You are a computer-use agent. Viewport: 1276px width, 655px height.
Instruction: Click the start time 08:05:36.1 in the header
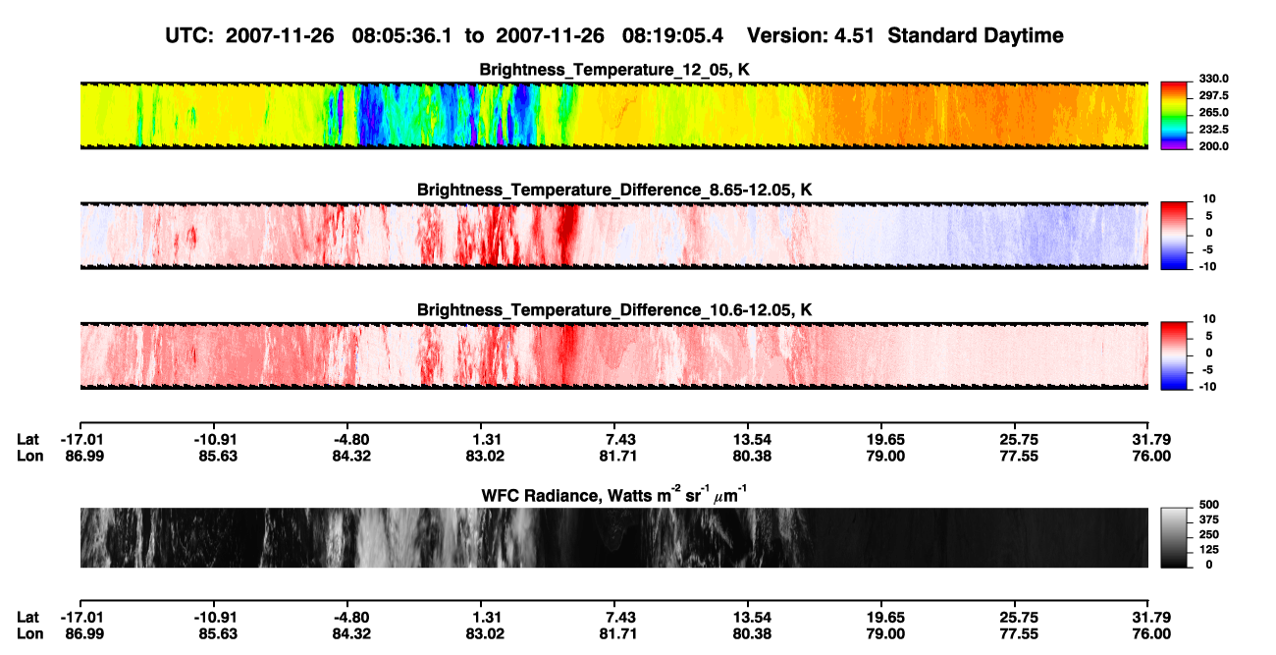tap(401, 36)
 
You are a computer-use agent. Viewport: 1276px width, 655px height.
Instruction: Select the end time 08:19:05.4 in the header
tap(672, 36)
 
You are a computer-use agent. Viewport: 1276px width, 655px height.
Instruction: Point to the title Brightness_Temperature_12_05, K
tap(614, 70)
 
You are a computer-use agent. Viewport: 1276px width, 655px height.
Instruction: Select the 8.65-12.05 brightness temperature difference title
tap(614, 190)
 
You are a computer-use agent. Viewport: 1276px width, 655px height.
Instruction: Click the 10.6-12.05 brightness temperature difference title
tap(614, 310)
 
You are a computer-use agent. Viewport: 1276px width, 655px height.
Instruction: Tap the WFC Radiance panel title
tap(614, 495)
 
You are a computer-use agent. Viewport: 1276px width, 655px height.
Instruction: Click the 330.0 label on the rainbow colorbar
tap(1213, 79)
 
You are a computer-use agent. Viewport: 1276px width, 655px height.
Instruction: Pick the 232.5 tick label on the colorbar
tap(1213, 130)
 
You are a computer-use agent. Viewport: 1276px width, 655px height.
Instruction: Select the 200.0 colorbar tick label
tap(1213, 146)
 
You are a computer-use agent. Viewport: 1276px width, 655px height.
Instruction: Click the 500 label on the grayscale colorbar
tap(1208, 505)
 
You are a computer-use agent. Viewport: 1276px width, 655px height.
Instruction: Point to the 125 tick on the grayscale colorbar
tap(1208, 550)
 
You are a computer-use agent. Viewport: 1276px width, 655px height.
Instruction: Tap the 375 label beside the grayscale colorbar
tap(1208, 519)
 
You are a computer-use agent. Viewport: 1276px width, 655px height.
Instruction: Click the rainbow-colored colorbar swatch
tap(1174, 116)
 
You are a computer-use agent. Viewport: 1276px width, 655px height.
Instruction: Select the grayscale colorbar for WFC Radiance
tap(1174, 537)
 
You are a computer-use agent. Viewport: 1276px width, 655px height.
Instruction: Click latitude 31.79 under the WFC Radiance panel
tap(1151, 618)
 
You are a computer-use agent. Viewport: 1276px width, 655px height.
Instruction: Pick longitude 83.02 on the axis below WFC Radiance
tap(485, 634)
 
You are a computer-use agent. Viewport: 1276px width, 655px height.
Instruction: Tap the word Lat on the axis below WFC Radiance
tap(27, 618)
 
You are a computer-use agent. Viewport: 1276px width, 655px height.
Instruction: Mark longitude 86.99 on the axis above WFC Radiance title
tap(84, 456)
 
